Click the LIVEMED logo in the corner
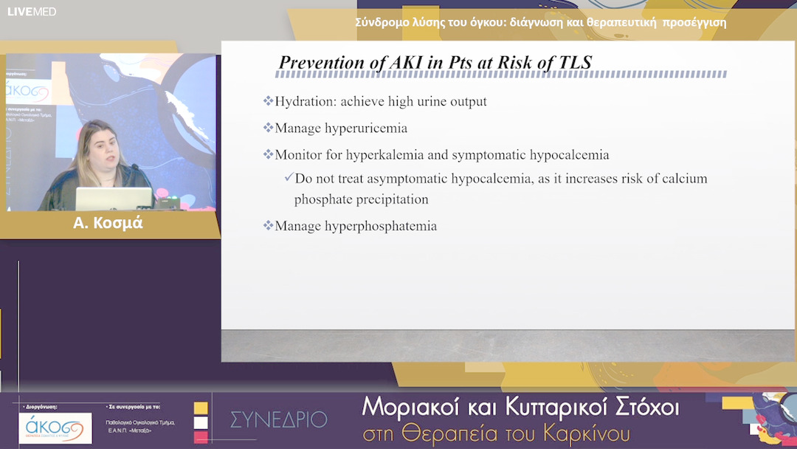(x=32, y=11)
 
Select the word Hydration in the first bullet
(x=303, y=101)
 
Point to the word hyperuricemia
(x=366, y=128)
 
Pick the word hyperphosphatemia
(x=381, y=226)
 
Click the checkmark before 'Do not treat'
(x=289, y=178)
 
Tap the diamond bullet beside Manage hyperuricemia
(x=268, y=128)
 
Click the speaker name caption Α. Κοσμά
(x=108, y=223)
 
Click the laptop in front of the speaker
(x=114, y=198)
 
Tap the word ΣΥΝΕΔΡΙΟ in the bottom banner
(x=278, y=419)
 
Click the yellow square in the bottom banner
(x=201, y=408)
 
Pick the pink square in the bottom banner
(x=201, y=437)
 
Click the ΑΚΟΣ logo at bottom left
(x=55, y=428)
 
